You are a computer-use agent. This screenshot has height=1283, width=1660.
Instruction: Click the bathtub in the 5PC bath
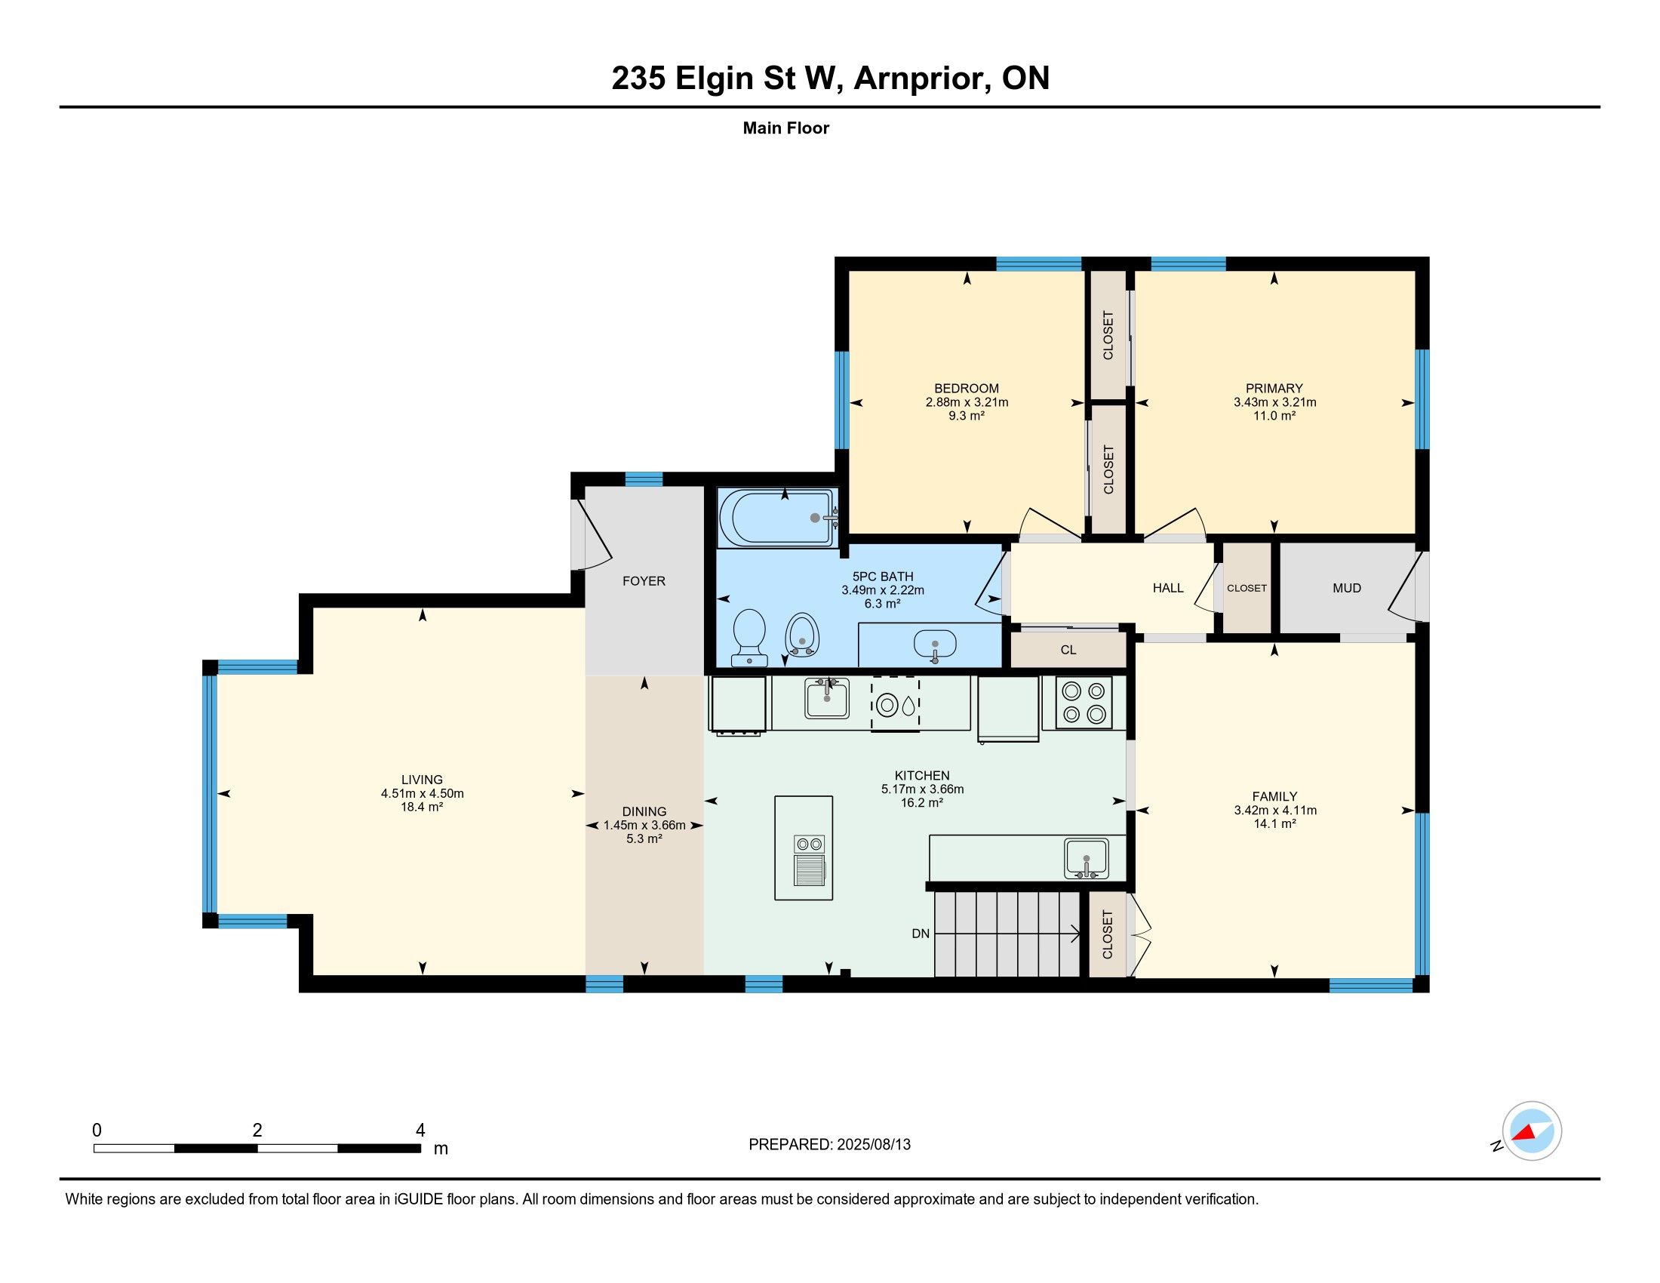pyautogui.click(x=779, y=517)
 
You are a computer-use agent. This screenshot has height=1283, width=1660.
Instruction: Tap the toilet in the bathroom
pyautogui.click(x=749, y=638)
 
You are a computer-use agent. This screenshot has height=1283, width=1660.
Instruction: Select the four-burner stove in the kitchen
pyautogui.click(x=1084, y=703)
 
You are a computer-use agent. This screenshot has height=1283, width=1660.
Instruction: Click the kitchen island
pyautogui.click(x=804, y=848)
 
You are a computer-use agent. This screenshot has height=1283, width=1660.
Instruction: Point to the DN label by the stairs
pyautogui.click(x=921, y=934)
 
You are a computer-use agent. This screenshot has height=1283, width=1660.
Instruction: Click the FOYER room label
pyautogui.click(x=644, y=580)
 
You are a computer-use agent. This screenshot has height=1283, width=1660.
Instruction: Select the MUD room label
pyautogui.click(x=1347, y=587)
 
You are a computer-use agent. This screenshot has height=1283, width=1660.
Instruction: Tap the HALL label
pyautogui.click(x=1168, y=587)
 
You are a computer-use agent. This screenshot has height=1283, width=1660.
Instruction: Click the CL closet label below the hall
pyautogui.click(x=1068, y=650)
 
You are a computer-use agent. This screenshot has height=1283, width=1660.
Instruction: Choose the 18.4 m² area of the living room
pyautogui.click(x=422, y=808)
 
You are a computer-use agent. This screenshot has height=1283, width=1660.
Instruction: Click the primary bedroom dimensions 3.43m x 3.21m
pyautogui.click(x=1274, y=402)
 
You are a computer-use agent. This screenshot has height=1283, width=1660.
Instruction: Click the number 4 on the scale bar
pyautogui.click(x=420, y=1131)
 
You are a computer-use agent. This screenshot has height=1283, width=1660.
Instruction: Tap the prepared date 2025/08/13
pyautogui.click(x=873, y=1145)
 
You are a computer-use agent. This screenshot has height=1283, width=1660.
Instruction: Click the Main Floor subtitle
pyautogui.click(x=786, y=128)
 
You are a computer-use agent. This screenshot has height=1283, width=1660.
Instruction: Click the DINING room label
pyautogui.click(x=644, y=811)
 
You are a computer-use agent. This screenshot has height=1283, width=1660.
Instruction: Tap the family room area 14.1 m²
pyautogui.click(x=1274, y=824)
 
